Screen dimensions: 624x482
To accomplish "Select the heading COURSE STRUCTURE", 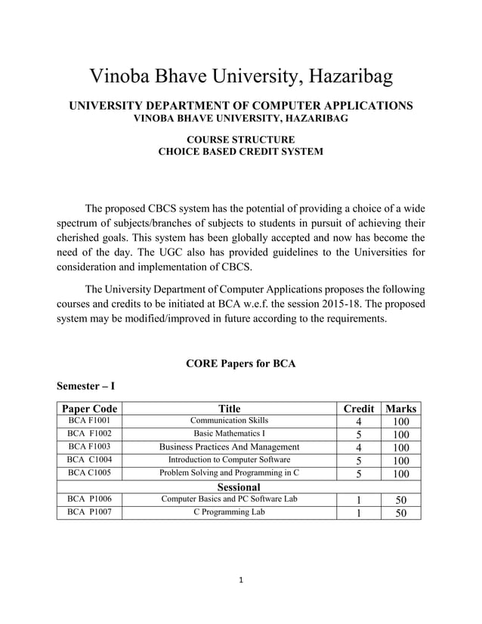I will point(240,139).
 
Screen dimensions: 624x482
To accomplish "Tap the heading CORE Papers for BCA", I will point(240,363).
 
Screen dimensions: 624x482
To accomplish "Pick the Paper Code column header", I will point(89,409).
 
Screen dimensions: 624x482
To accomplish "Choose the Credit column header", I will point(359,409).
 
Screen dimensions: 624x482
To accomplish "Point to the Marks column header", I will point(400,409).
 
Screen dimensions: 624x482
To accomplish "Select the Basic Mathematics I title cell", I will point(229,434).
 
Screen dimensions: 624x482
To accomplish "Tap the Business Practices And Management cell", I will point(229,446).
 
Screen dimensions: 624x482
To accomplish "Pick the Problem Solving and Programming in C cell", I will point(229,473).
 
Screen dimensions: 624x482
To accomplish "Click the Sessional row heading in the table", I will point(239,487).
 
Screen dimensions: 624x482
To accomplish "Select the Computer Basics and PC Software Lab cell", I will point(229,499).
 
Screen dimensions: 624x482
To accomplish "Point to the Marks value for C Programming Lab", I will point(400,513).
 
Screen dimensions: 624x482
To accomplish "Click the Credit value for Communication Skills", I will point(359,422).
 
